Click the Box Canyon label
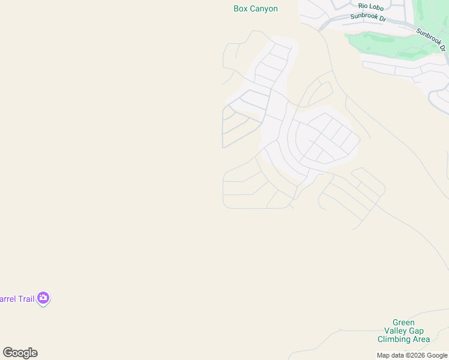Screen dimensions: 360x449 pyautogui.click(x=255, y=9)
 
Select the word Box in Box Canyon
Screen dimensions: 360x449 pyautogui.click(x=240, y=9)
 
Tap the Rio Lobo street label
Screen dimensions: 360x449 pyautogui.click(x=371, y=6)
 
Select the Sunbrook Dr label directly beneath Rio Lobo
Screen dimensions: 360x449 pyautogui.click(x=368, y=17)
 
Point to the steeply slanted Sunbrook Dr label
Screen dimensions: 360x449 pyautogui.click(x=432, y=40)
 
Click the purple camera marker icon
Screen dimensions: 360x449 pyautogui.click(x=43, y=298)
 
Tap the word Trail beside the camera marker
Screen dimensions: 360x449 pyautogui.click(x=25, y=299)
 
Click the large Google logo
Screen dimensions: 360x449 pyautogui.click(x=20, y=353)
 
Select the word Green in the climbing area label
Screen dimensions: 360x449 pyautogui.click(x=403, y=323)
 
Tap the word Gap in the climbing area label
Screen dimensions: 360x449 pyautogui.click(x=417, y=331)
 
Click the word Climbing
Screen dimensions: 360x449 pyautogui.click(x=394, y=340)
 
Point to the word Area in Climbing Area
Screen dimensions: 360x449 pyautogui.click(x=421, y=340)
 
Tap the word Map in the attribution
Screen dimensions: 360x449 pyautogui.click(x=383, y=356)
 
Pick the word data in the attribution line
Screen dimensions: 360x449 pyautogui.click(x=397, y=356)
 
